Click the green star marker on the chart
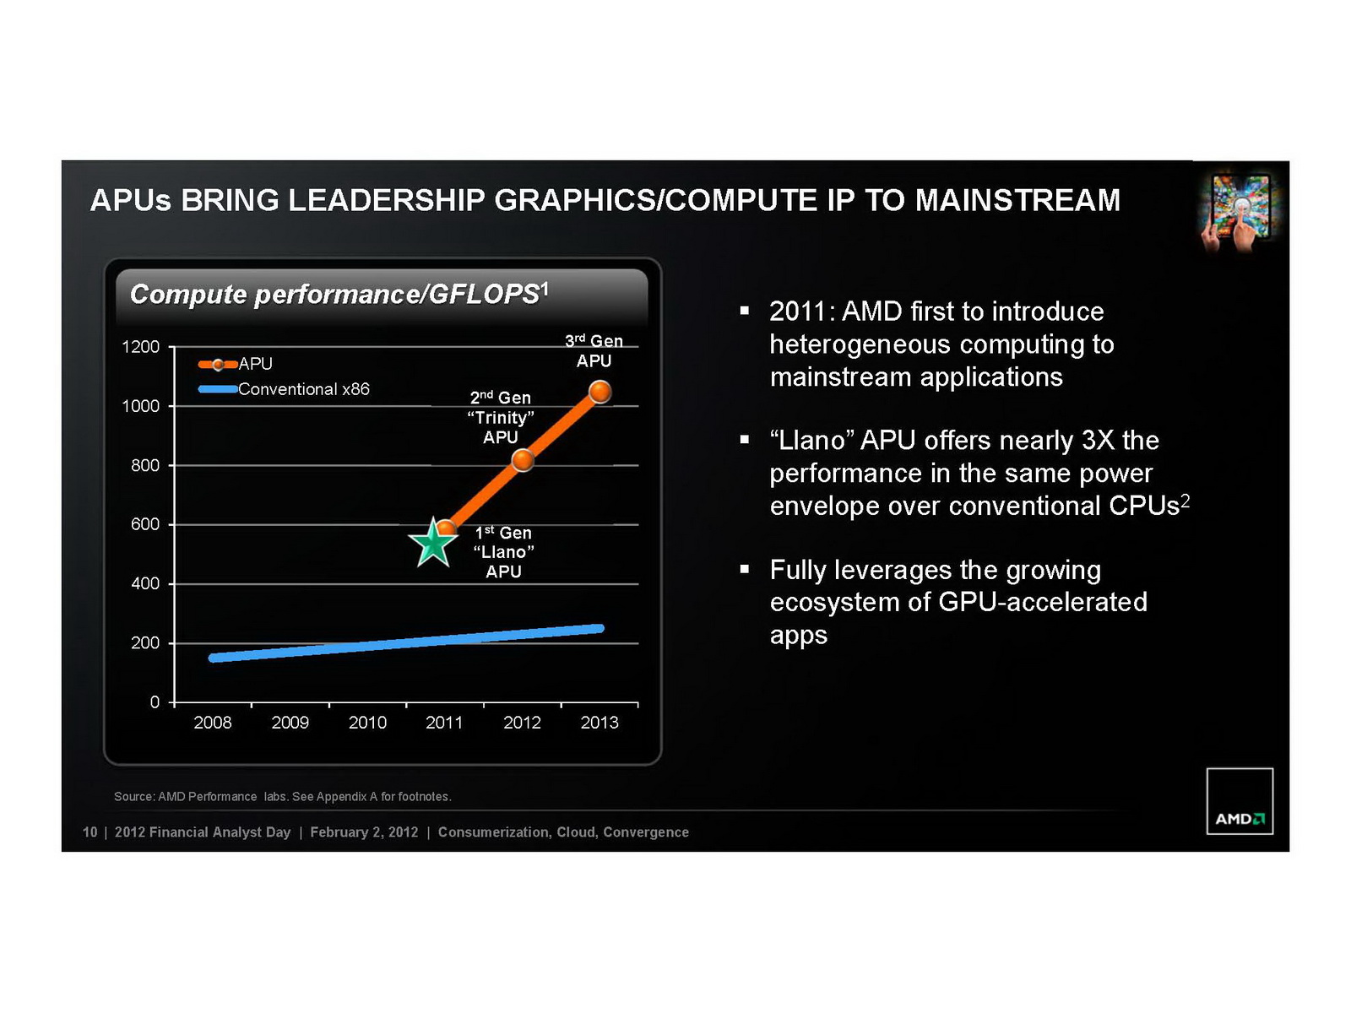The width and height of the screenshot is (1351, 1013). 434,543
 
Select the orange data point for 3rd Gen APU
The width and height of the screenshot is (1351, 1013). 600,392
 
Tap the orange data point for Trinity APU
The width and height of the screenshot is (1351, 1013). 524,460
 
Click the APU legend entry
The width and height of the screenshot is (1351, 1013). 236,364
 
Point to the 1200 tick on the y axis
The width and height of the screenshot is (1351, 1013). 140,347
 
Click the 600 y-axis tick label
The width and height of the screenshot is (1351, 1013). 144,524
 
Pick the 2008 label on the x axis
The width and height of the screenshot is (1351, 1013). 213,723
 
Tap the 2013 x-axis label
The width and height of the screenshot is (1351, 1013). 600,723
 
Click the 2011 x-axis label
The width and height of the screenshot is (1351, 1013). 444,723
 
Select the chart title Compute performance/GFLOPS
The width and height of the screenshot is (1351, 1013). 339,294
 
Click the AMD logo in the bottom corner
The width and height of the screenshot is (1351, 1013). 1240,801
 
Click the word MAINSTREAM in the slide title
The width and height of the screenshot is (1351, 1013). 1017,201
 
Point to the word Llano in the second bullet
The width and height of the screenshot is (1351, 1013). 813,441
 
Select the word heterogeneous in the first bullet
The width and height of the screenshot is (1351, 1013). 860,344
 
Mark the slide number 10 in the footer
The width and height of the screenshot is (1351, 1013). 90,832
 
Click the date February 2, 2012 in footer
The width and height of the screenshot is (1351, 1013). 364,832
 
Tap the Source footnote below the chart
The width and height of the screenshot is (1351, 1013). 282,797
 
